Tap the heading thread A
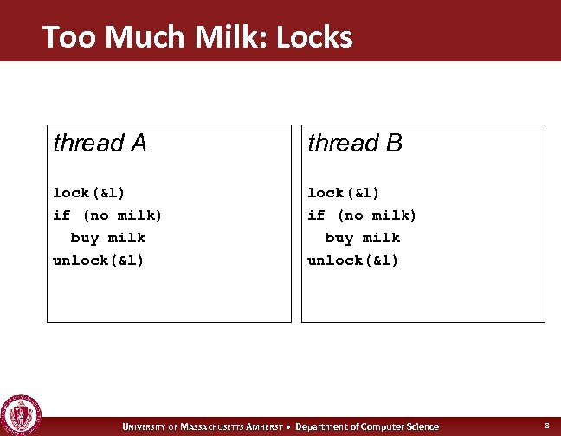tap(100, 143)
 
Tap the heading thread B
tap(355, 143)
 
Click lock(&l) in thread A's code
tap(89, 192)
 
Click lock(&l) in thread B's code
tap(344, 192)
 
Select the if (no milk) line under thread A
tap(107, 215)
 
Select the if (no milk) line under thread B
tap(362, 215)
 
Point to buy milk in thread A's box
tap(107, 237)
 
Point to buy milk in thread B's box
tap(362, 237)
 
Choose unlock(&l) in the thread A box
tap(98, 260)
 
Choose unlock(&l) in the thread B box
tap(352, 260)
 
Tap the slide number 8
tap(546, 426)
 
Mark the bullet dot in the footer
tap(299, 426)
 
